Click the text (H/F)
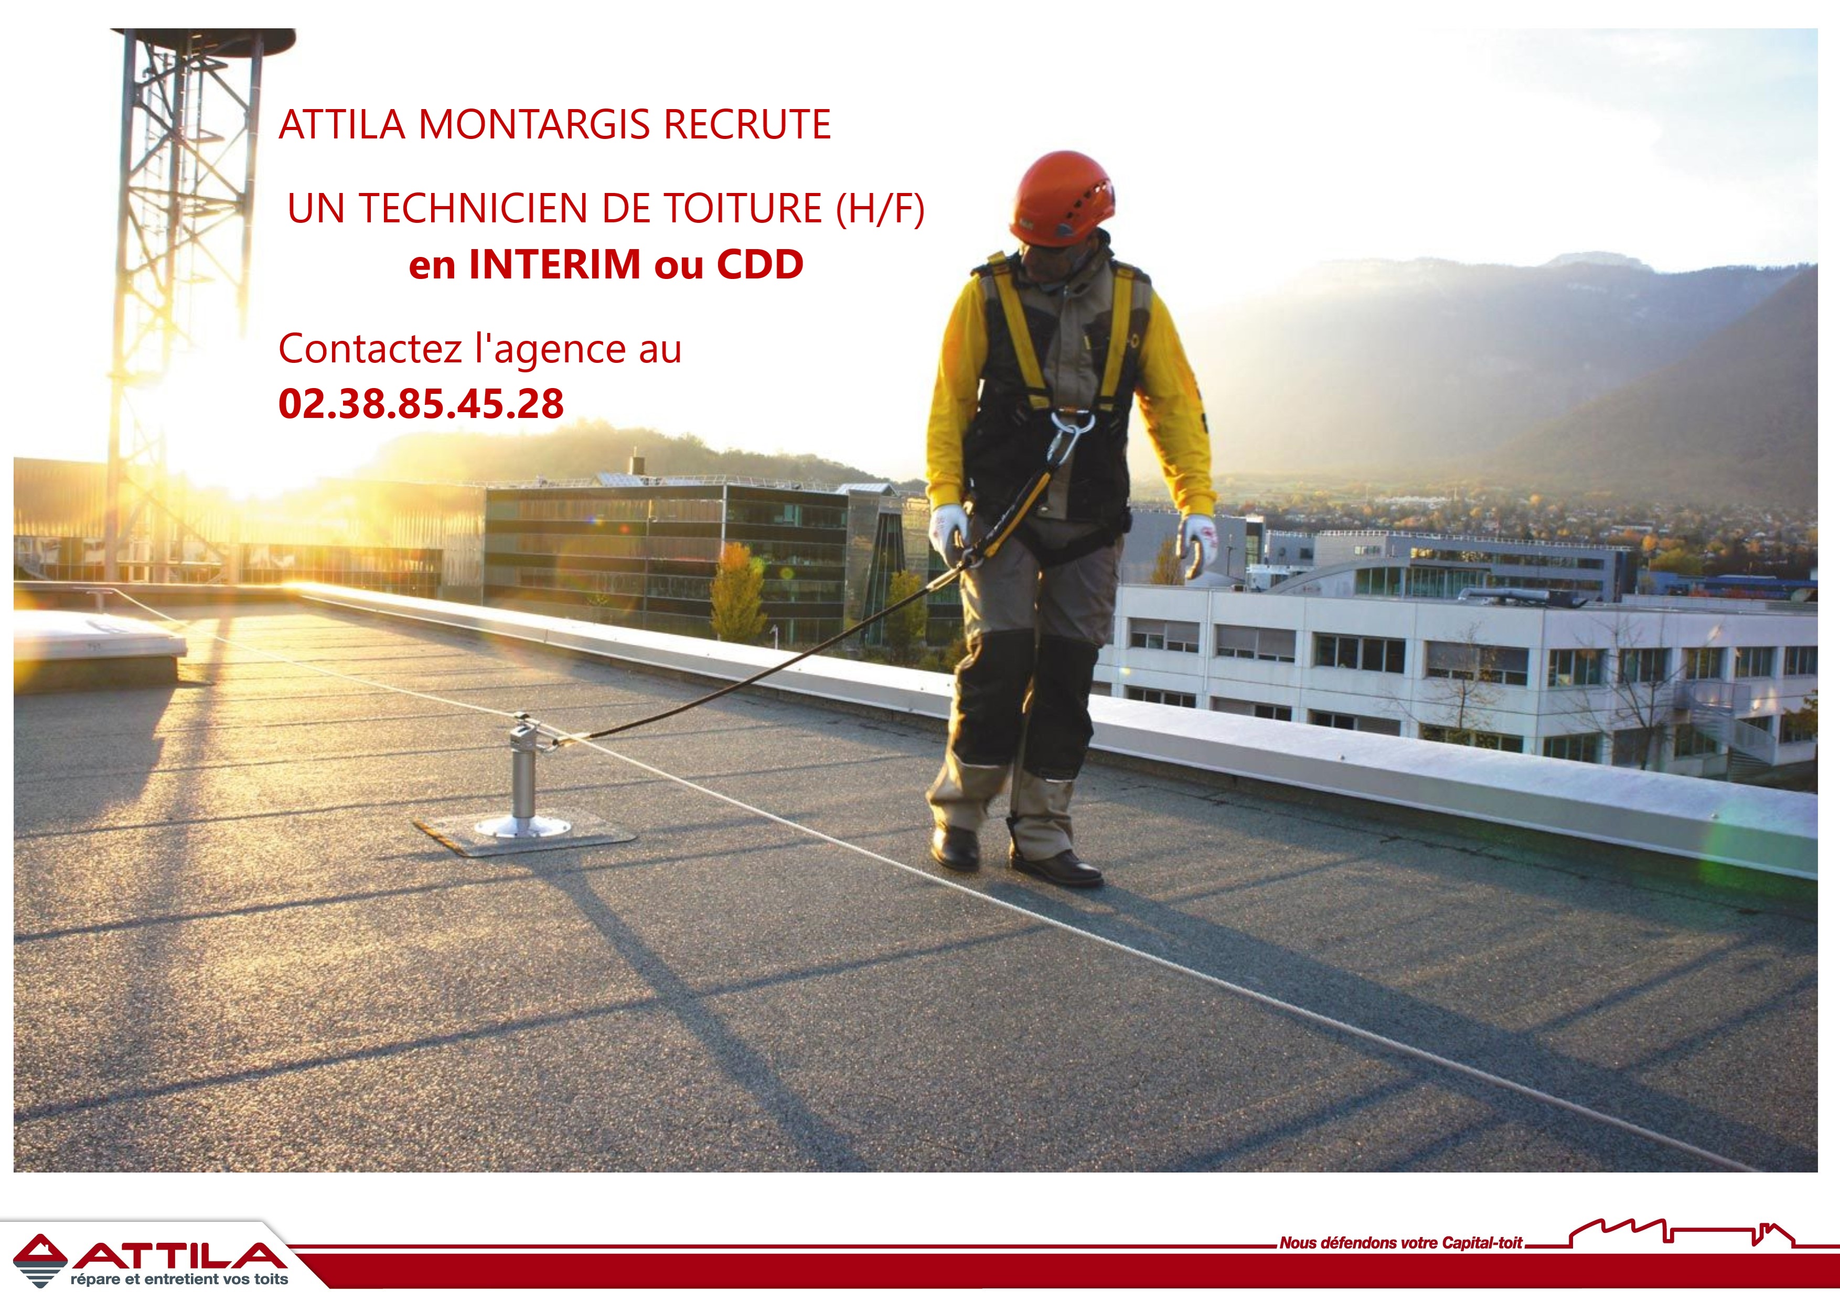pyautogui.click(x=880, y=209)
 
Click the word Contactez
pyautogui.click(x=370, y=349)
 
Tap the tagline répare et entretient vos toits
pyautogui.click(x=179, y=1280)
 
